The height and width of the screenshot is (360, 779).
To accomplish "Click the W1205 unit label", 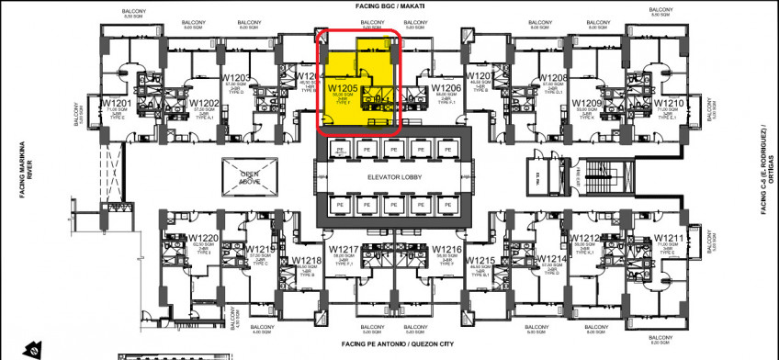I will pos(343,89).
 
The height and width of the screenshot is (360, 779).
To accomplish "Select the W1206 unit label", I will pos(446,89).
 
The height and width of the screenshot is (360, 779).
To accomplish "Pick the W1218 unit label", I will pos(307,261).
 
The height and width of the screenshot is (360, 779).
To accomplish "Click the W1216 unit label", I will pos(446,250).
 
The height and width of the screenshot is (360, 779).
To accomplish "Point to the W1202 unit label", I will pos(204,103).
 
